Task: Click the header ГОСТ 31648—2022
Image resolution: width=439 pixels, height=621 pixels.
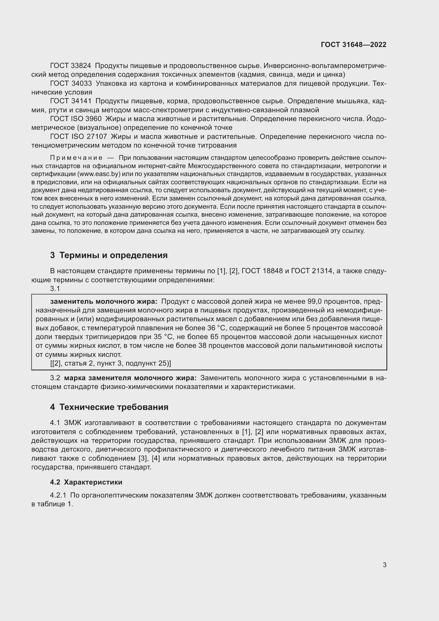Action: pyautogui.click(x=353, y=45)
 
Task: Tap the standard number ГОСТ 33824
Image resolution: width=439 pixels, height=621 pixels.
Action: pyautogui.click(x=71, y=66)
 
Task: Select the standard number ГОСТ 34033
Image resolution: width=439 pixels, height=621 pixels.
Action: pyautogui.click(x=71, y=84)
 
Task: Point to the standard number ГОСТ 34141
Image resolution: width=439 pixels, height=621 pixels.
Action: pyautogui.click(x=71, y=101)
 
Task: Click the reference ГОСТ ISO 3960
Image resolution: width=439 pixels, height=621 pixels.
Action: pyautogui.click(x=76, y=119)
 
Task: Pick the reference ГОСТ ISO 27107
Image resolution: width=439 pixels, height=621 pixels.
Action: pyautogui.click(x=78, y=136)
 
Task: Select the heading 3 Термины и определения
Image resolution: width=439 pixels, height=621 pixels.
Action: pyautogui.click(x=109, y=255)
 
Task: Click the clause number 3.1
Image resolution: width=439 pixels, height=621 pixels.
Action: pyautogui.click(x=55, y=289)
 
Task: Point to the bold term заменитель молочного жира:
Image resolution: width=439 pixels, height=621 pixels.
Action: pyautogui.click(x=104, y=301)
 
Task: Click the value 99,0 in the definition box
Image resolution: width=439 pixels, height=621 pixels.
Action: pyautogui.click(x=314, y=301)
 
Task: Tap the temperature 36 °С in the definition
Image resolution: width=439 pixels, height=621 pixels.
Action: pyautogui.click(x=216, y=328)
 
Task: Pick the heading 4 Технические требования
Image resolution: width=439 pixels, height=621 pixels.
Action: pyautogui.click(x=109, y=407)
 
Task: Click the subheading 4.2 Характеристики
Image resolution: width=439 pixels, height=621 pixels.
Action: pyautogui.click(x=86, y=482)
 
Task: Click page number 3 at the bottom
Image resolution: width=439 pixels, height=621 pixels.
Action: pyautogui.click(x=384, y=565)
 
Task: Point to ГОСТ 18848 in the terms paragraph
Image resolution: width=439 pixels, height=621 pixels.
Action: pyautogui.click(x=262, y=271)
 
